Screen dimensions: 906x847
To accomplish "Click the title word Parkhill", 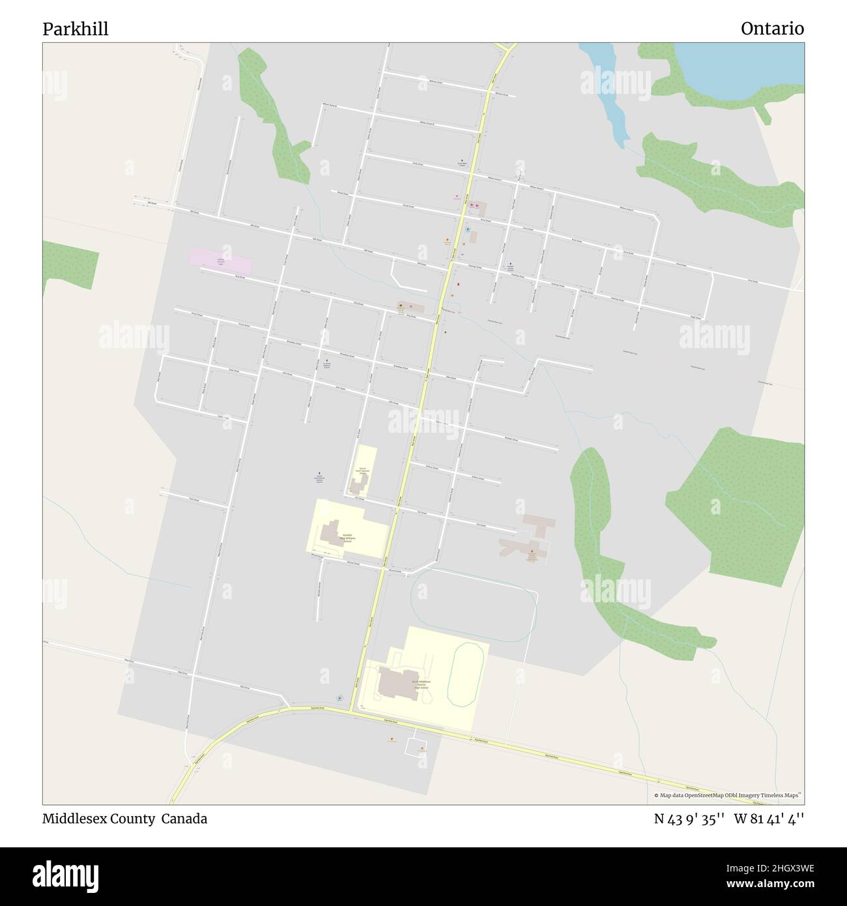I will click(76, 29).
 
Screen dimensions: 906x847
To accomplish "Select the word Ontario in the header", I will click(772, 29).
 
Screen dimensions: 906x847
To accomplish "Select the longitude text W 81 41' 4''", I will click(769, 819).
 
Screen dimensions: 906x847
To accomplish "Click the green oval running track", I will click(465, 674).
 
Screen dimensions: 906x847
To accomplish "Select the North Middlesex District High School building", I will click(398, 682).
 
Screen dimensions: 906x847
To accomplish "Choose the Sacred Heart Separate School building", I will click(358, 483).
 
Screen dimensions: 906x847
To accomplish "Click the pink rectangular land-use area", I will click(220, 261).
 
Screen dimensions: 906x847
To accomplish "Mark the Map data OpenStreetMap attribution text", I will click(728, 795).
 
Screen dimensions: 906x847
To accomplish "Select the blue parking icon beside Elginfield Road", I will click(338, 699).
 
